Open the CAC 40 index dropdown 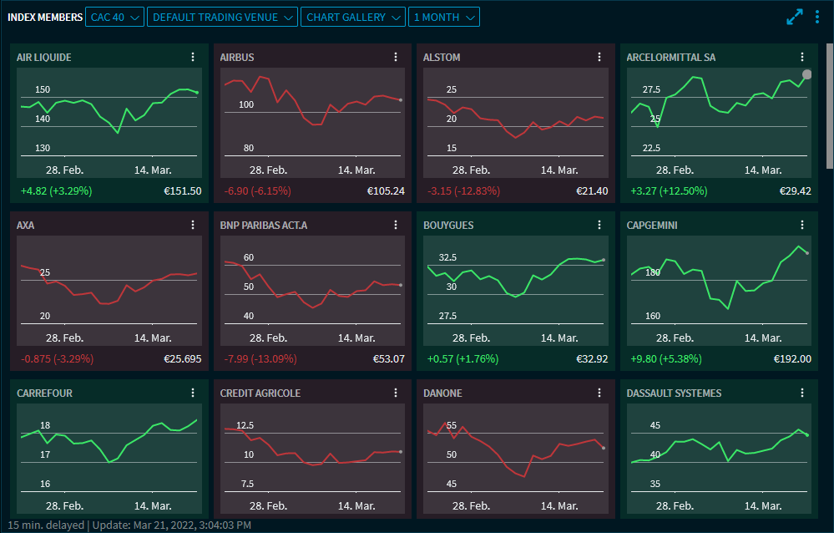[114, 17]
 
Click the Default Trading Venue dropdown [222, 17]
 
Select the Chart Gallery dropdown [353, 17]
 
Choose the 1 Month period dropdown [445, 17]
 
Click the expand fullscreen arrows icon [795, 17]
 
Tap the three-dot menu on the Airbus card [396, 57]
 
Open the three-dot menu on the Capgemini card [802, 225]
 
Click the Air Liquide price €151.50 [183, 190]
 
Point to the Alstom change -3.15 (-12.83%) [463, 190]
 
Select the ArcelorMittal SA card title [670, 58]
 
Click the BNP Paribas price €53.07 [388, 358]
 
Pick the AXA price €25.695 [183, 358]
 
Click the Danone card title [443, 393]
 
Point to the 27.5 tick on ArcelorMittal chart [650, 89]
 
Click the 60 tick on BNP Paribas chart [249, 257]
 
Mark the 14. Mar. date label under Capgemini [763, 338]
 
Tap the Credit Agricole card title [260, 393]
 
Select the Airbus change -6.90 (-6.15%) [257, 190]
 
